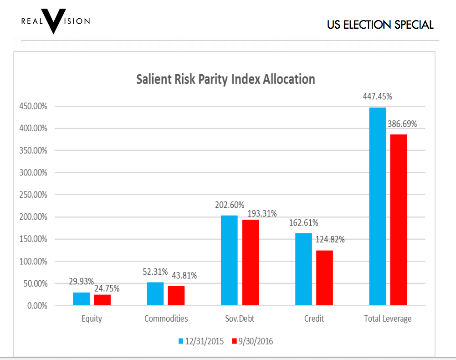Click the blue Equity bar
pos(81,298)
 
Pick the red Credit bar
pos(324,277)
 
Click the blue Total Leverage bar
pos(377,206)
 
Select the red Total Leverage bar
pos(398,219)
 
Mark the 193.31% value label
pos(262,214)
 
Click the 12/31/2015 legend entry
pos(200,341)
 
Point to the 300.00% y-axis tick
pos(34,173)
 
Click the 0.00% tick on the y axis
pos(37,306)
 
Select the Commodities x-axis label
pos(166,319)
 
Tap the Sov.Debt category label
pos(240,319)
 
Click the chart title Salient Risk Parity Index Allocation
pos(225,79)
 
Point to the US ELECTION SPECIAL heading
pos(380,25)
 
